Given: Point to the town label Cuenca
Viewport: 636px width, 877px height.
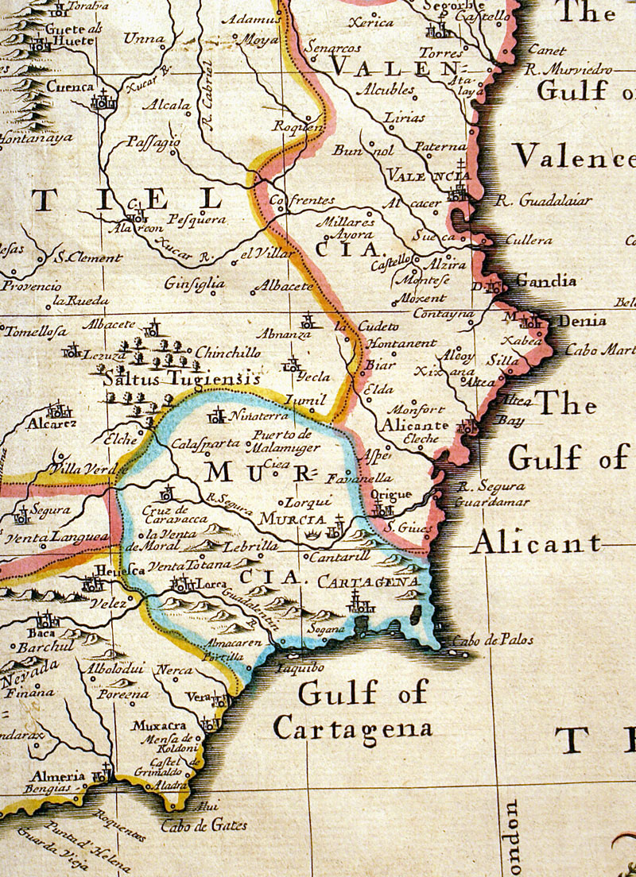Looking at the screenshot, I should [x=70, y=87].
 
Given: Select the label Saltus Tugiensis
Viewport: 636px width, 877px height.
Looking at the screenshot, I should [x=181, y=380].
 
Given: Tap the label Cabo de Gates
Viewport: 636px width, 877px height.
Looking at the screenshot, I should [x=204, y=826].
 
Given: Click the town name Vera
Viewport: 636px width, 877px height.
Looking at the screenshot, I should [x=197, y=697].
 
